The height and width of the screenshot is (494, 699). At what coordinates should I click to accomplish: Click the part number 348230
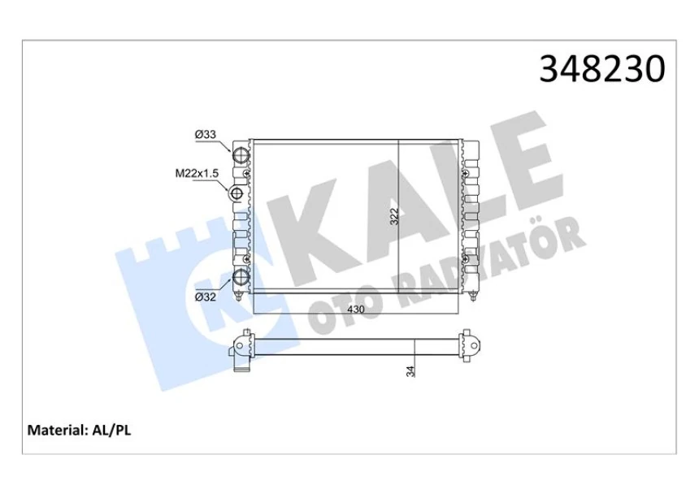click(602, 70)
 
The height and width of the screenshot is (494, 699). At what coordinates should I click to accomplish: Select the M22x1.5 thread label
click(198, 173)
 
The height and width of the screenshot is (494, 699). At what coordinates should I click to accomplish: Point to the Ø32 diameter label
click(205, 297)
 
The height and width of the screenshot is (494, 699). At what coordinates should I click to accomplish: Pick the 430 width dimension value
click(356, 309)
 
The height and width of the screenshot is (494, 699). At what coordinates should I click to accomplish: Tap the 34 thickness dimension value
click(411, 371)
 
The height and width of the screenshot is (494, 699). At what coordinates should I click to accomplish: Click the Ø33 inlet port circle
click(242, 156)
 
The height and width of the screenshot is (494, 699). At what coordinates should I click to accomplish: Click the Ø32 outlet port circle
click(242, 279)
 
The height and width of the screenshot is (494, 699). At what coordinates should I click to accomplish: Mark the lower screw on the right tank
click(467, 258)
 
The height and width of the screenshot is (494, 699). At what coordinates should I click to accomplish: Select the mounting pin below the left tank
click(246, 295)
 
